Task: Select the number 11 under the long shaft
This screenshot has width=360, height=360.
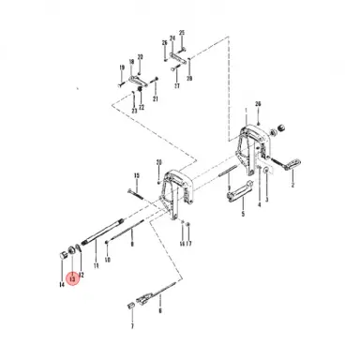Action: point(95,267)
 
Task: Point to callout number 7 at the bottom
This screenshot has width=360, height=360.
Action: point(132,326)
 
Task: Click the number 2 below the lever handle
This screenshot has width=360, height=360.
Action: point(292,186)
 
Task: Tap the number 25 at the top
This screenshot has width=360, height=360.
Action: point(182,33)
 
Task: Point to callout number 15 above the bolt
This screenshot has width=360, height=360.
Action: point(136,176)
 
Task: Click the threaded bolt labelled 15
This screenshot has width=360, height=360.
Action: point(136,195)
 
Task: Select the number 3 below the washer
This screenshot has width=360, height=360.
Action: point(266,200)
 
